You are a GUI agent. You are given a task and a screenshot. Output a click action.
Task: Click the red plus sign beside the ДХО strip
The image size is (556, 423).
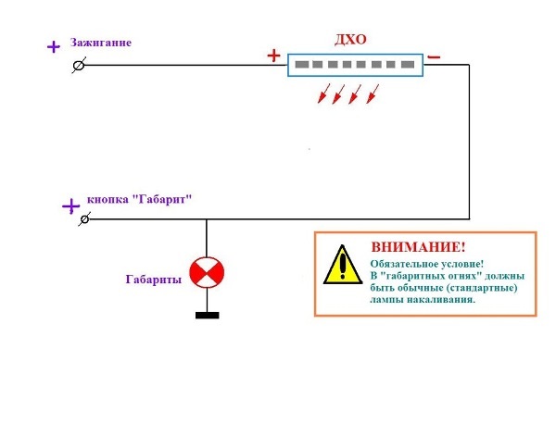[273, 56]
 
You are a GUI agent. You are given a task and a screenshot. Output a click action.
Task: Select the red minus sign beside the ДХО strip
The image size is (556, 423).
[435, 57]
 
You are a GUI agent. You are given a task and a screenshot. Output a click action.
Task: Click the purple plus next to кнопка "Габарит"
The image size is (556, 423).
[69, 205]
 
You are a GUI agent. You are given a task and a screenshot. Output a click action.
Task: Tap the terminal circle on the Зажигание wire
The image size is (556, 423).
[79, 65]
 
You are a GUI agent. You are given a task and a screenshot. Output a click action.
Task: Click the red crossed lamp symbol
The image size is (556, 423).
[207, 272]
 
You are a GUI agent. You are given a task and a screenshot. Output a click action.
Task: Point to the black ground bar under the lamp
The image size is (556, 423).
[207, 316]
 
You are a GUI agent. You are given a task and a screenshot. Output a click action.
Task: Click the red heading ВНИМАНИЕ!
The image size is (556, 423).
[418, 248]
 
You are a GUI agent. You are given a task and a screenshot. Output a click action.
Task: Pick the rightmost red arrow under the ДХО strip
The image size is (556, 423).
[373, 93]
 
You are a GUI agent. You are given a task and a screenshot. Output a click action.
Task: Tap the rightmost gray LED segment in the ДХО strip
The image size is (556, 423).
[407, 66]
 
